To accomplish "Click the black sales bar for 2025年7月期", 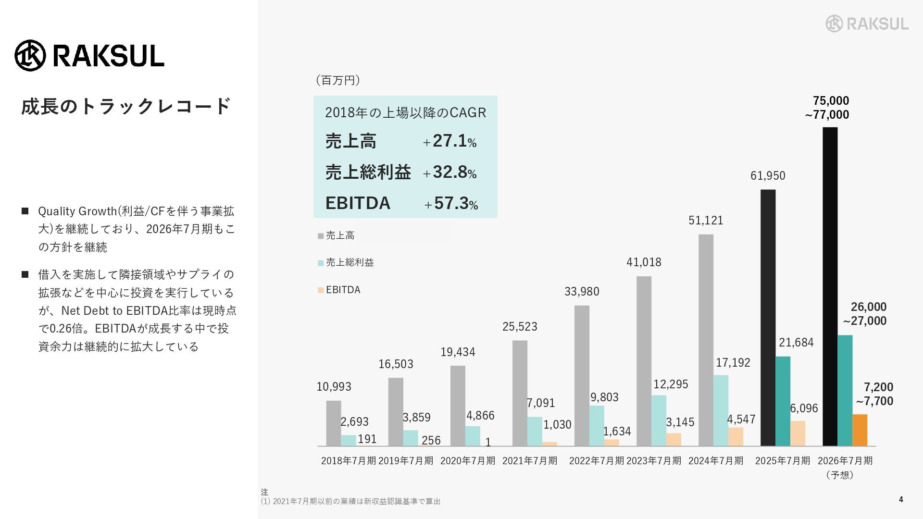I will (x=768, y=317).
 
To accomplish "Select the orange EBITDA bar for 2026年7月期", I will (x=860, y=430).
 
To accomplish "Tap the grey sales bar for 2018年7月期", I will (x=334, y=423).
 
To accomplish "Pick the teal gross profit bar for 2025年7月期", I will (x=783, y=401).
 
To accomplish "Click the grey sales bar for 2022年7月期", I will (x=582, y=375).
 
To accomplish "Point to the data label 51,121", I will (x=706, y=221).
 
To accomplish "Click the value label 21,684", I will (x=796, y=343).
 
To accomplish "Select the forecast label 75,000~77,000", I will (x=827, y=108).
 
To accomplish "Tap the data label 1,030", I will (x=557, y=425).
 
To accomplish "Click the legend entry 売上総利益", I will (x=349, y=262).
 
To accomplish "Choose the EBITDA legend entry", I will (x=343, y=290).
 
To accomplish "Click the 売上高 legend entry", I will (x=340, y=235).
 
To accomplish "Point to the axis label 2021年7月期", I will (x=530, y=461).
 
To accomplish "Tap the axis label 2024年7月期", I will (x=716, y=461).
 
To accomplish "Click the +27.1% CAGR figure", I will (x=450, y=141).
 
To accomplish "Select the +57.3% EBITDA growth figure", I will (x=451, y=204).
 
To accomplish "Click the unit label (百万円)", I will (x=338, y=80).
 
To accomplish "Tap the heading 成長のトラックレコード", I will (x=126, y=107).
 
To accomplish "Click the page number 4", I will (x=901, y=500).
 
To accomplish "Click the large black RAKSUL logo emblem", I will (x=30, y=56).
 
